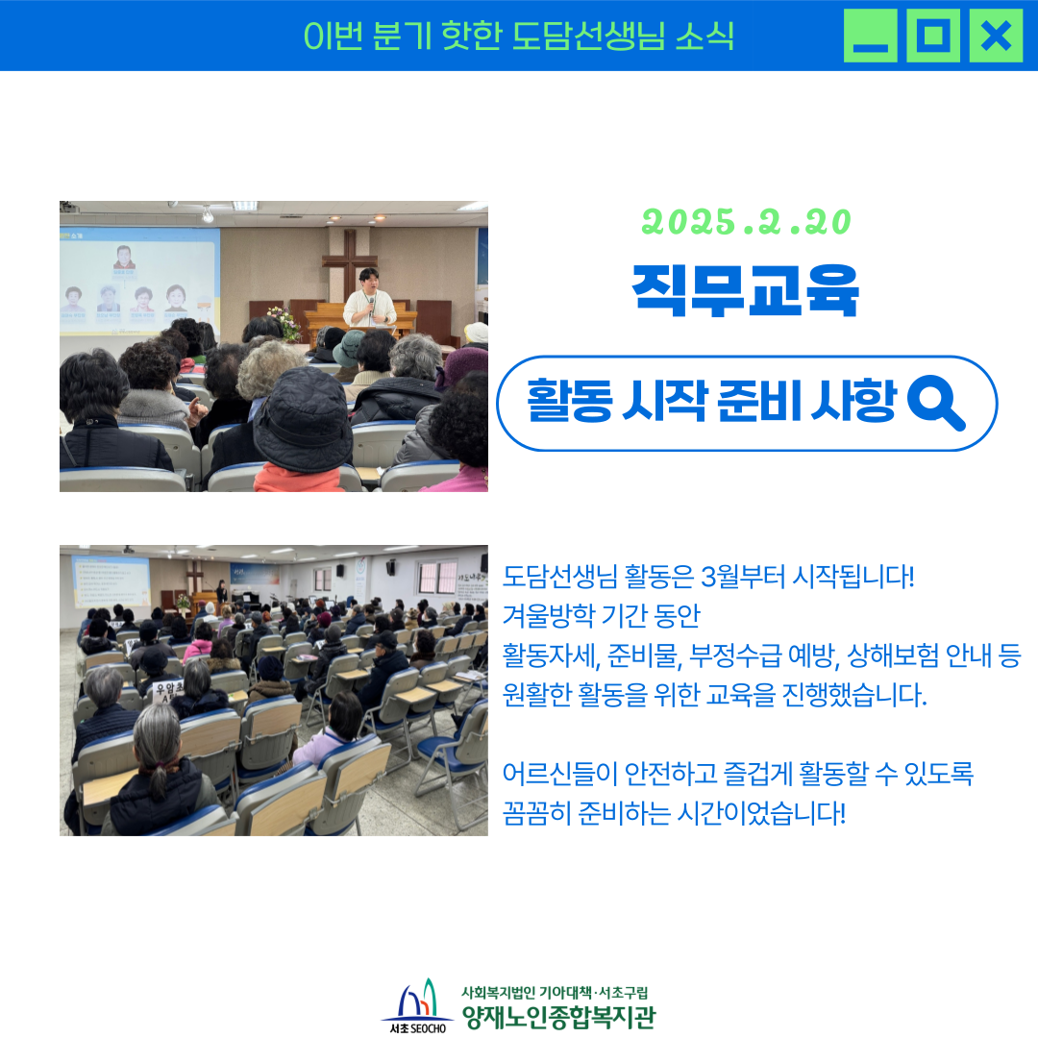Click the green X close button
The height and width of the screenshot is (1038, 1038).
click(x=996, y=36)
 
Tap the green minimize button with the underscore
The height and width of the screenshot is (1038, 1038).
click(x=871, y=36)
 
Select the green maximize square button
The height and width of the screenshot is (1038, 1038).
click(x=933, y=36)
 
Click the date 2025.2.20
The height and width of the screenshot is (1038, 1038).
click(x=747, y=222)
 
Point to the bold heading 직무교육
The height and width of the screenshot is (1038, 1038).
click(x=746, y=290)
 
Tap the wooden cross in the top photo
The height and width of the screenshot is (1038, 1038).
click(x=350, y=265)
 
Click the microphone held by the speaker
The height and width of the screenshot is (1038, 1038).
click(x=371, y=306)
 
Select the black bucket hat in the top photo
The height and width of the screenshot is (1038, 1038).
click(x=303, y=420)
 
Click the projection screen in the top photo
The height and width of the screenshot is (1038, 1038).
click(x=139, y=282)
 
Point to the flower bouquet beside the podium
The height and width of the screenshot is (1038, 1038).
click(x=285, y=322)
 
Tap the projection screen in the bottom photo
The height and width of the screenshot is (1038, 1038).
click(x=110, y=581)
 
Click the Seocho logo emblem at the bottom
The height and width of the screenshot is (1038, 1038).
click(x=418, y=1005)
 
